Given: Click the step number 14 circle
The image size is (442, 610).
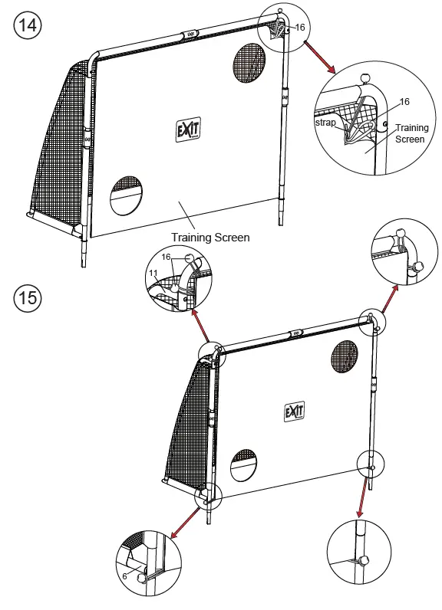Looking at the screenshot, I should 27,25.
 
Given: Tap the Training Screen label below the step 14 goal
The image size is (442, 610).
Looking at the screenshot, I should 210,238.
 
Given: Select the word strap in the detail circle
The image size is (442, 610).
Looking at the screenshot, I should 326,123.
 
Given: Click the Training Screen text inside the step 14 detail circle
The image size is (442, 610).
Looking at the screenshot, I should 412,133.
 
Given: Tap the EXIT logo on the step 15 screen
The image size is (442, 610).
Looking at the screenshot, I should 295,412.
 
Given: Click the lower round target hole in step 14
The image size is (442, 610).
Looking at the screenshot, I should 126,195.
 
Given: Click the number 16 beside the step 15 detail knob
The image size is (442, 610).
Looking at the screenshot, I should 164,258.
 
